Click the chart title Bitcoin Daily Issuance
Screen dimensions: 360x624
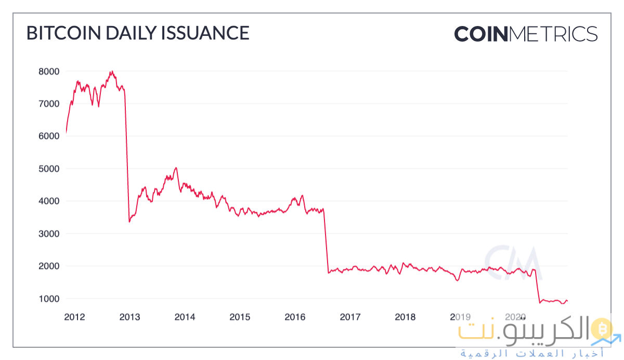pos(138,33)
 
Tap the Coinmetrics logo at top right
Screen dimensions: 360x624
pos(526,34)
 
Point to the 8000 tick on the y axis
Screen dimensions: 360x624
pos(49,71)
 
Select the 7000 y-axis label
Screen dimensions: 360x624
pos(49,104)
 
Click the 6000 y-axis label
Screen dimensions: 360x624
pos(49,136)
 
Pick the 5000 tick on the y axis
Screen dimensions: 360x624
pos(49,169)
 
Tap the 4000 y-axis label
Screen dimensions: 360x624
pos(49,201)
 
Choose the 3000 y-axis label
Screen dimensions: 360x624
pos(49,234)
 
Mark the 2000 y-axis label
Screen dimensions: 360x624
pos(49,266)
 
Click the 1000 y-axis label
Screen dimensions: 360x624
pos(49,299)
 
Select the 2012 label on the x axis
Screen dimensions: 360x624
pos(75,317)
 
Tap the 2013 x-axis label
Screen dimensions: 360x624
pos(129,317)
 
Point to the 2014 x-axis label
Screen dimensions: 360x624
pos(185,317)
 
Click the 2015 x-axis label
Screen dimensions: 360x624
pos(240,317)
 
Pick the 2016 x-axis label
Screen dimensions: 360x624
pos(295,317)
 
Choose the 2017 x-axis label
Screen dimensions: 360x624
pos(350,317)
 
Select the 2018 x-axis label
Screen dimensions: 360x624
pos(405,317)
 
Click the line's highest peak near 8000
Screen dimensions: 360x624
pos(111,72)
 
